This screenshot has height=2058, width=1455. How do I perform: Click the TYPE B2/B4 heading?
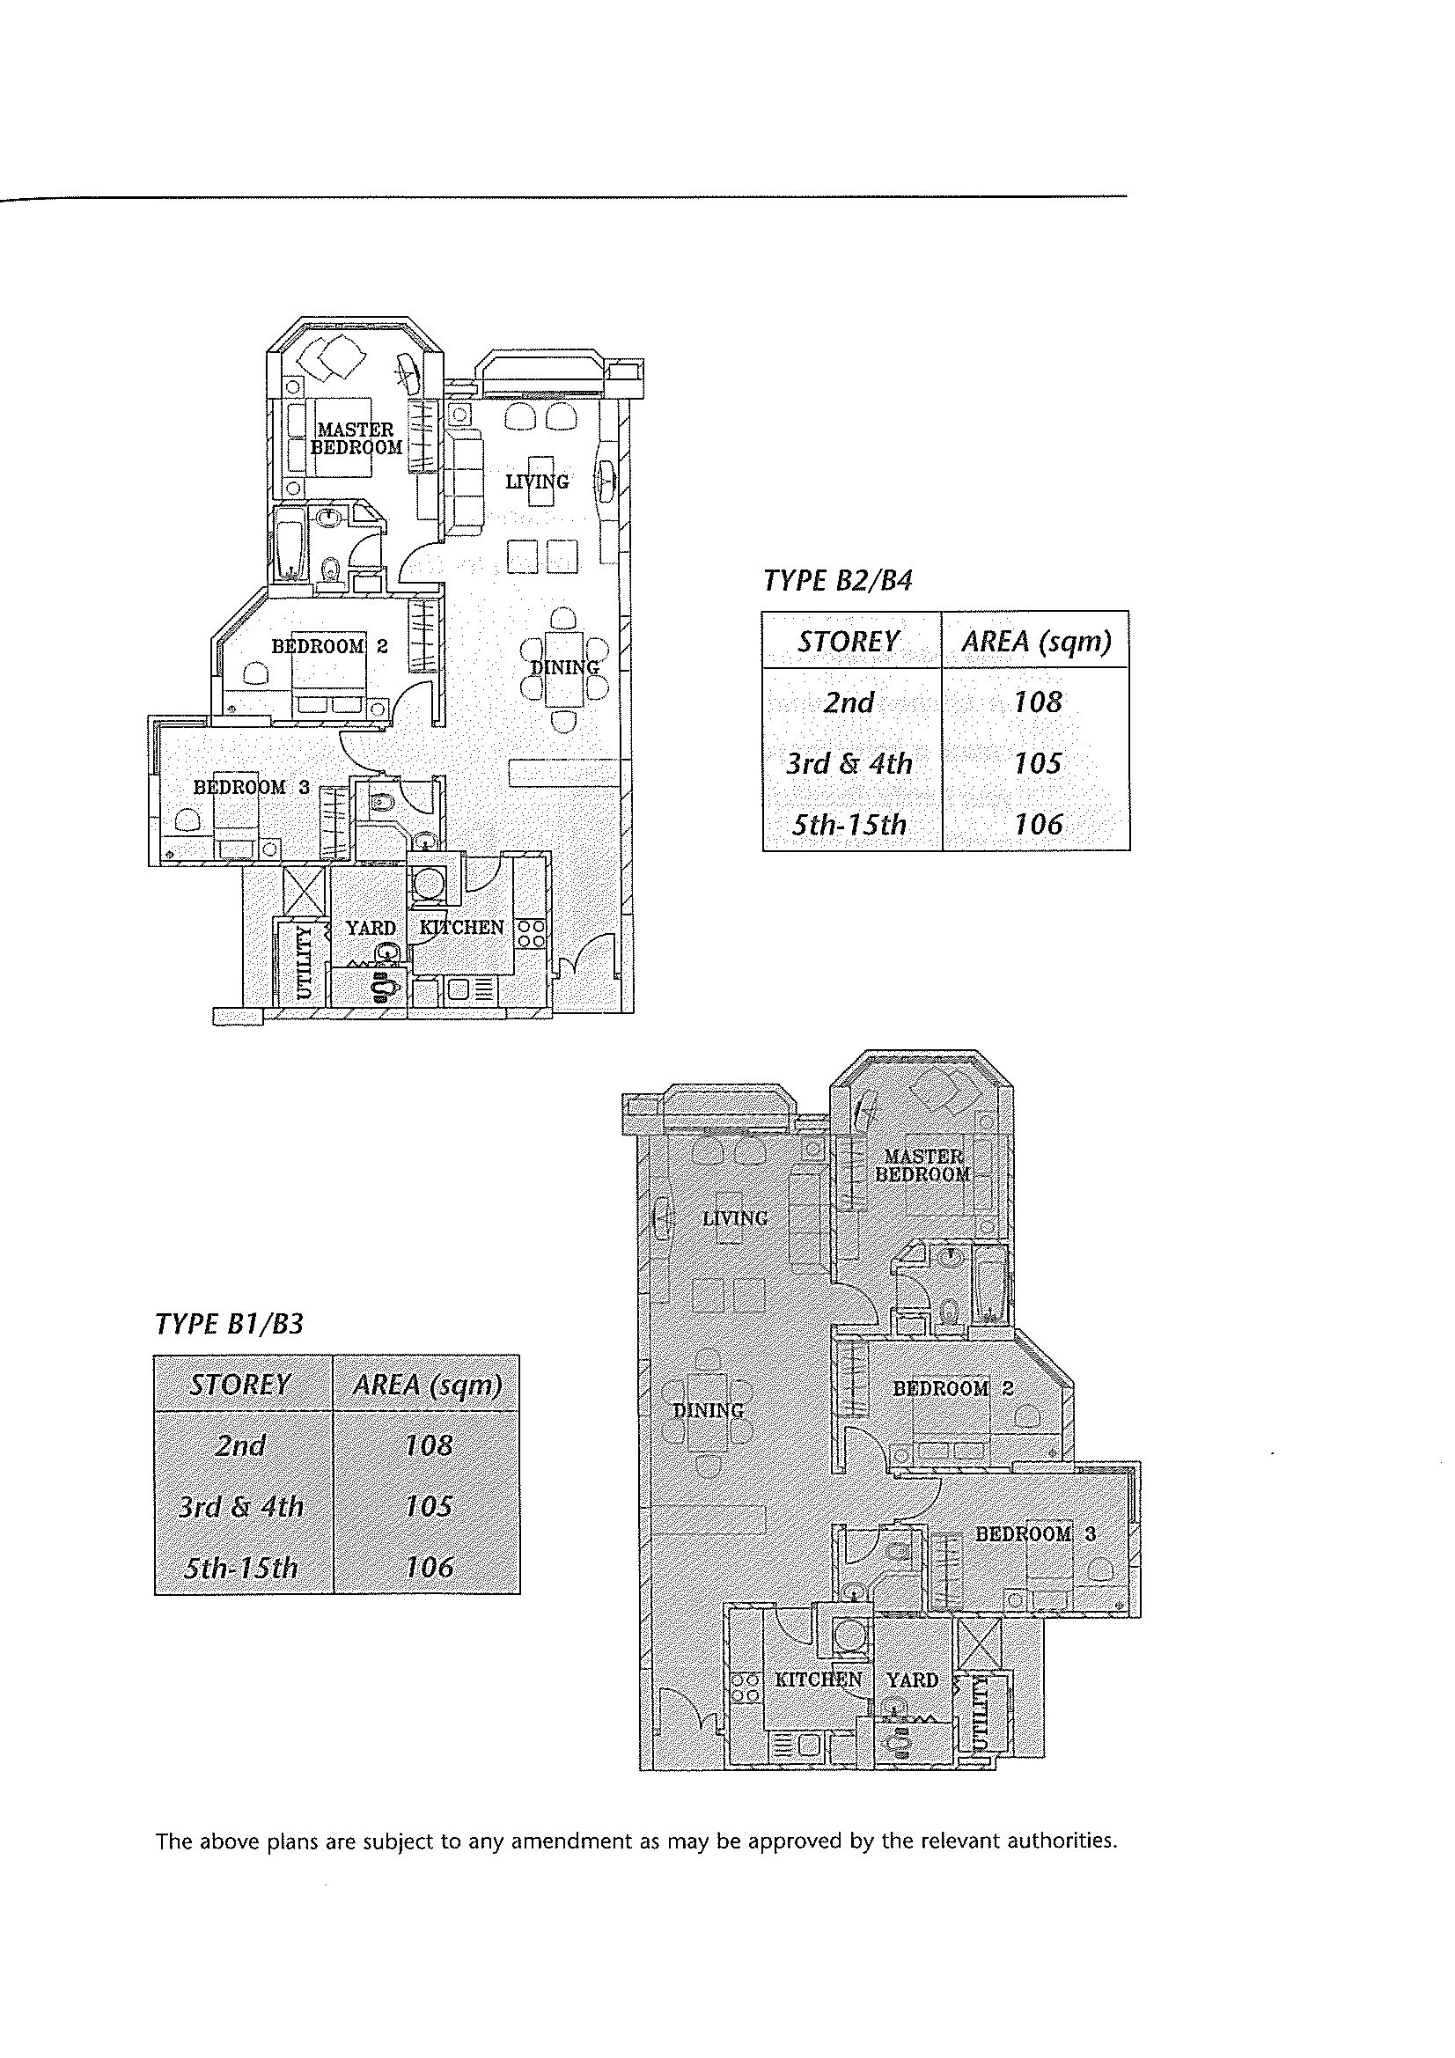(x=837, y=581)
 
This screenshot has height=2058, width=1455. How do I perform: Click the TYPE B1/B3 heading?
(x=230, y=1324)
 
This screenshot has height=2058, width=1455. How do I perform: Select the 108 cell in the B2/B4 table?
(x=1037, y=701)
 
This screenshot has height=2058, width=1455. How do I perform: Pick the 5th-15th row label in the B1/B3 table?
(x=240, y=1568)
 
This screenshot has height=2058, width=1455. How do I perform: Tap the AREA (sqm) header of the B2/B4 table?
(x=1035, y=641)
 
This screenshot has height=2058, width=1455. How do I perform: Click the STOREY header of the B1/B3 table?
(x=240, y=1385)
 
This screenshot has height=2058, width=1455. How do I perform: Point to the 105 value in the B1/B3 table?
(x=429, y=1506)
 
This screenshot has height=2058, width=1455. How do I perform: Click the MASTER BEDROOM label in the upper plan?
(x=356, y=438)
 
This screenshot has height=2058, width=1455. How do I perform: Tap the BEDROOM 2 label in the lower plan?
(x=953, y=1388)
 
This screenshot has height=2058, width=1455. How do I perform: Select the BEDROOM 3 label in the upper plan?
(x=252, y=787)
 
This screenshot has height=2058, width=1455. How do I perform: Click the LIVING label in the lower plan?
(x=735, y=1218)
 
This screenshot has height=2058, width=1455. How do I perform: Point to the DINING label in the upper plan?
(x=565, y=667)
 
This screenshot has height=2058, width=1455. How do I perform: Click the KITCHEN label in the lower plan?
(x=818, y=1679)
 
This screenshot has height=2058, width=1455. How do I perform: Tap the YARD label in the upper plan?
(x=371, y=927)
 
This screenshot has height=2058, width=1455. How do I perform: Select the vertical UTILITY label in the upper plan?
(x=305, y=963)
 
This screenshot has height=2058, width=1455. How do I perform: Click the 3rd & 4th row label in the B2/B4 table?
(x=849, y=763)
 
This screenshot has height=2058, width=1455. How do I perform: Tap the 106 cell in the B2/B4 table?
(x=1037, y=824)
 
